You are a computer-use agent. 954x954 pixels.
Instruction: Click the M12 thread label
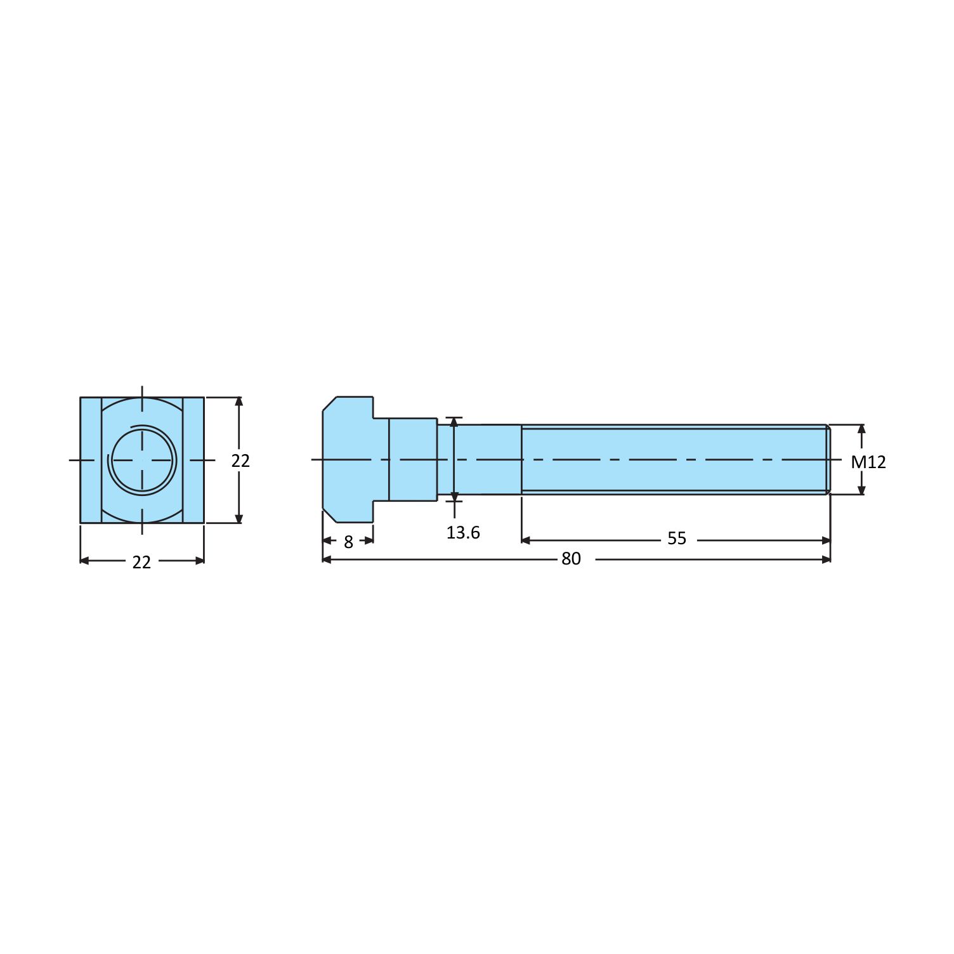pos(868,462)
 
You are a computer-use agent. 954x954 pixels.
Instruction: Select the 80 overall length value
pos(571,559)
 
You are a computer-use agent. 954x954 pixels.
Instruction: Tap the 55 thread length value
pos(677,539)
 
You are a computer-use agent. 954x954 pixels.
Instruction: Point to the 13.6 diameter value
pos(463,533)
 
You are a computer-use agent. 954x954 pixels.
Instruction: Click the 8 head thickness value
pos(348,542)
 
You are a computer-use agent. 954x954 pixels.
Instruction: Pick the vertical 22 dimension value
pos(240,461)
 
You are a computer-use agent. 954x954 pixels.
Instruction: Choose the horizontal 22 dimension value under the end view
pos(141,563)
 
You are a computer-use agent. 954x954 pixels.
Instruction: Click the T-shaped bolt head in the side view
pos(348,460)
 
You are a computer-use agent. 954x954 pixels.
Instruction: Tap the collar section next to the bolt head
pos(413,460)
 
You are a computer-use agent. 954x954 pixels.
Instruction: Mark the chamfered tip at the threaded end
pos(828,459)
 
